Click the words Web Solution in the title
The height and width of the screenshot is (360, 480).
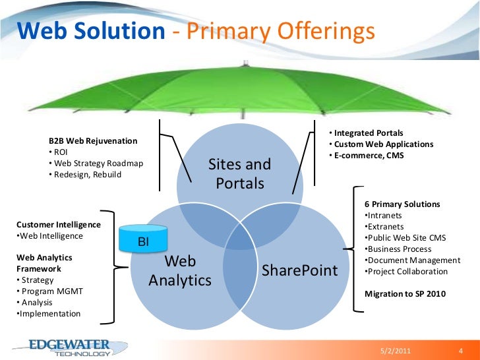[90, 31]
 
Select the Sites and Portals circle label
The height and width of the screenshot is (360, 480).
[239, 173]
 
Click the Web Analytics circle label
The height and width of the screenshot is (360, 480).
[180, 271]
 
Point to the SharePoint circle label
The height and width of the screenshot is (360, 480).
[300, 270]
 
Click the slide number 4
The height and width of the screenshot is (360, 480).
[460, 350]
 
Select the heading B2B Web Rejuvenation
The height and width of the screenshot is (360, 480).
[93, 140]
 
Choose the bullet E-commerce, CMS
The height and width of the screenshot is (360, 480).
[367, 156]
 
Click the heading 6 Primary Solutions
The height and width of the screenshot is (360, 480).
[402, 204]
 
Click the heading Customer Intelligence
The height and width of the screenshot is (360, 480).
[58, 224]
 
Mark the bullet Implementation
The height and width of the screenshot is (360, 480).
[48, 314]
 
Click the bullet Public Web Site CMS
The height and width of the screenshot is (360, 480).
[404, 238]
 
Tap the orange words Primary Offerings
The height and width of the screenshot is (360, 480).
[281, 31]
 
